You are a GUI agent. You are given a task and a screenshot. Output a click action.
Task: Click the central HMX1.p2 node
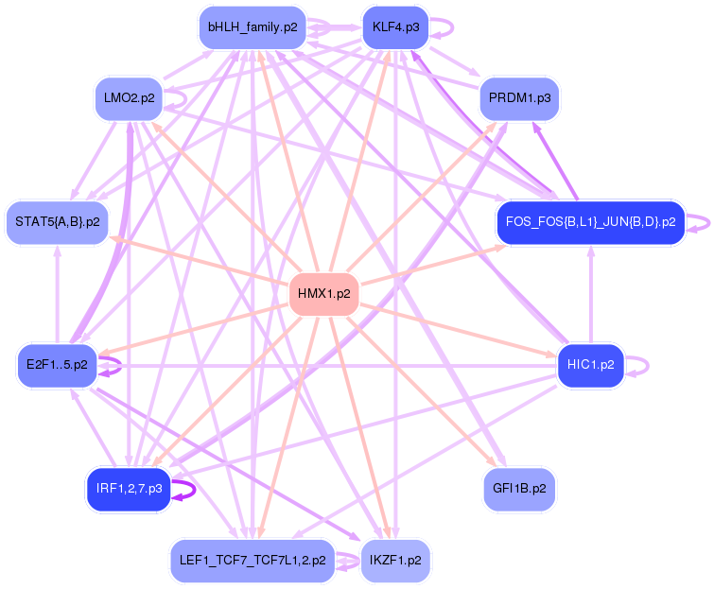(x=323, y=294)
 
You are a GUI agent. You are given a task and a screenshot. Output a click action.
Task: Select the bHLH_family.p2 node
(x=253, y=27)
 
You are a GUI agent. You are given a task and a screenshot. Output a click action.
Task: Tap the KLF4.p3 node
(x=395, y=27)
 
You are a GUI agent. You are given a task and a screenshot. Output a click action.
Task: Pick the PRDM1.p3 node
(x=520, y=97)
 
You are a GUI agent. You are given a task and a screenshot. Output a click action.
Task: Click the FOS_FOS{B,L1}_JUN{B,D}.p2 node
(x=590, y=222)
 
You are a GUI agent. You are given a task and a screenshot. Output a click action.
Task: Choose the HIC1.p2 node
(x=590, y=364)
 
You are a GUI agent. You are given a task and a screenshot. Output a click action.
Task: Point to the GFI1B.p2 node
(x=519, y=489)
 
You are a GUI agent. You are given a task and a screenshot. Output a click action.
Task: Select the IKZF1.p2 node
(x=395, y=560)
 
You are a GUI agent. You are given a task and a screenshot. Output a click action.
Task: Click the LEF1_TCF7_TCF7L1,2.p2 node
(x=252, y=560)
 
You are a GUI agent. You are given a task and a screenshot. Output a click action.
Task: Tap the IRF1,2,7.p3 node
(x=129, y=489)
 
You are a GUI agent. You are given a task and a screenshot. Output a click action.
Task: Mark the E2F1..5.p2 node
(x=57, y=364)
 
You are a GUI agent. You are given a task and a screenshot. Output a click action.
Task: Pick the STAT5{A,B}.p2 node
(x=57, y=222)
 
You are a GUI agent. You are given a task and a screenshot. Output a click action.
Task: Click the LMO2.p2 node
(x=130, y=97)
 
